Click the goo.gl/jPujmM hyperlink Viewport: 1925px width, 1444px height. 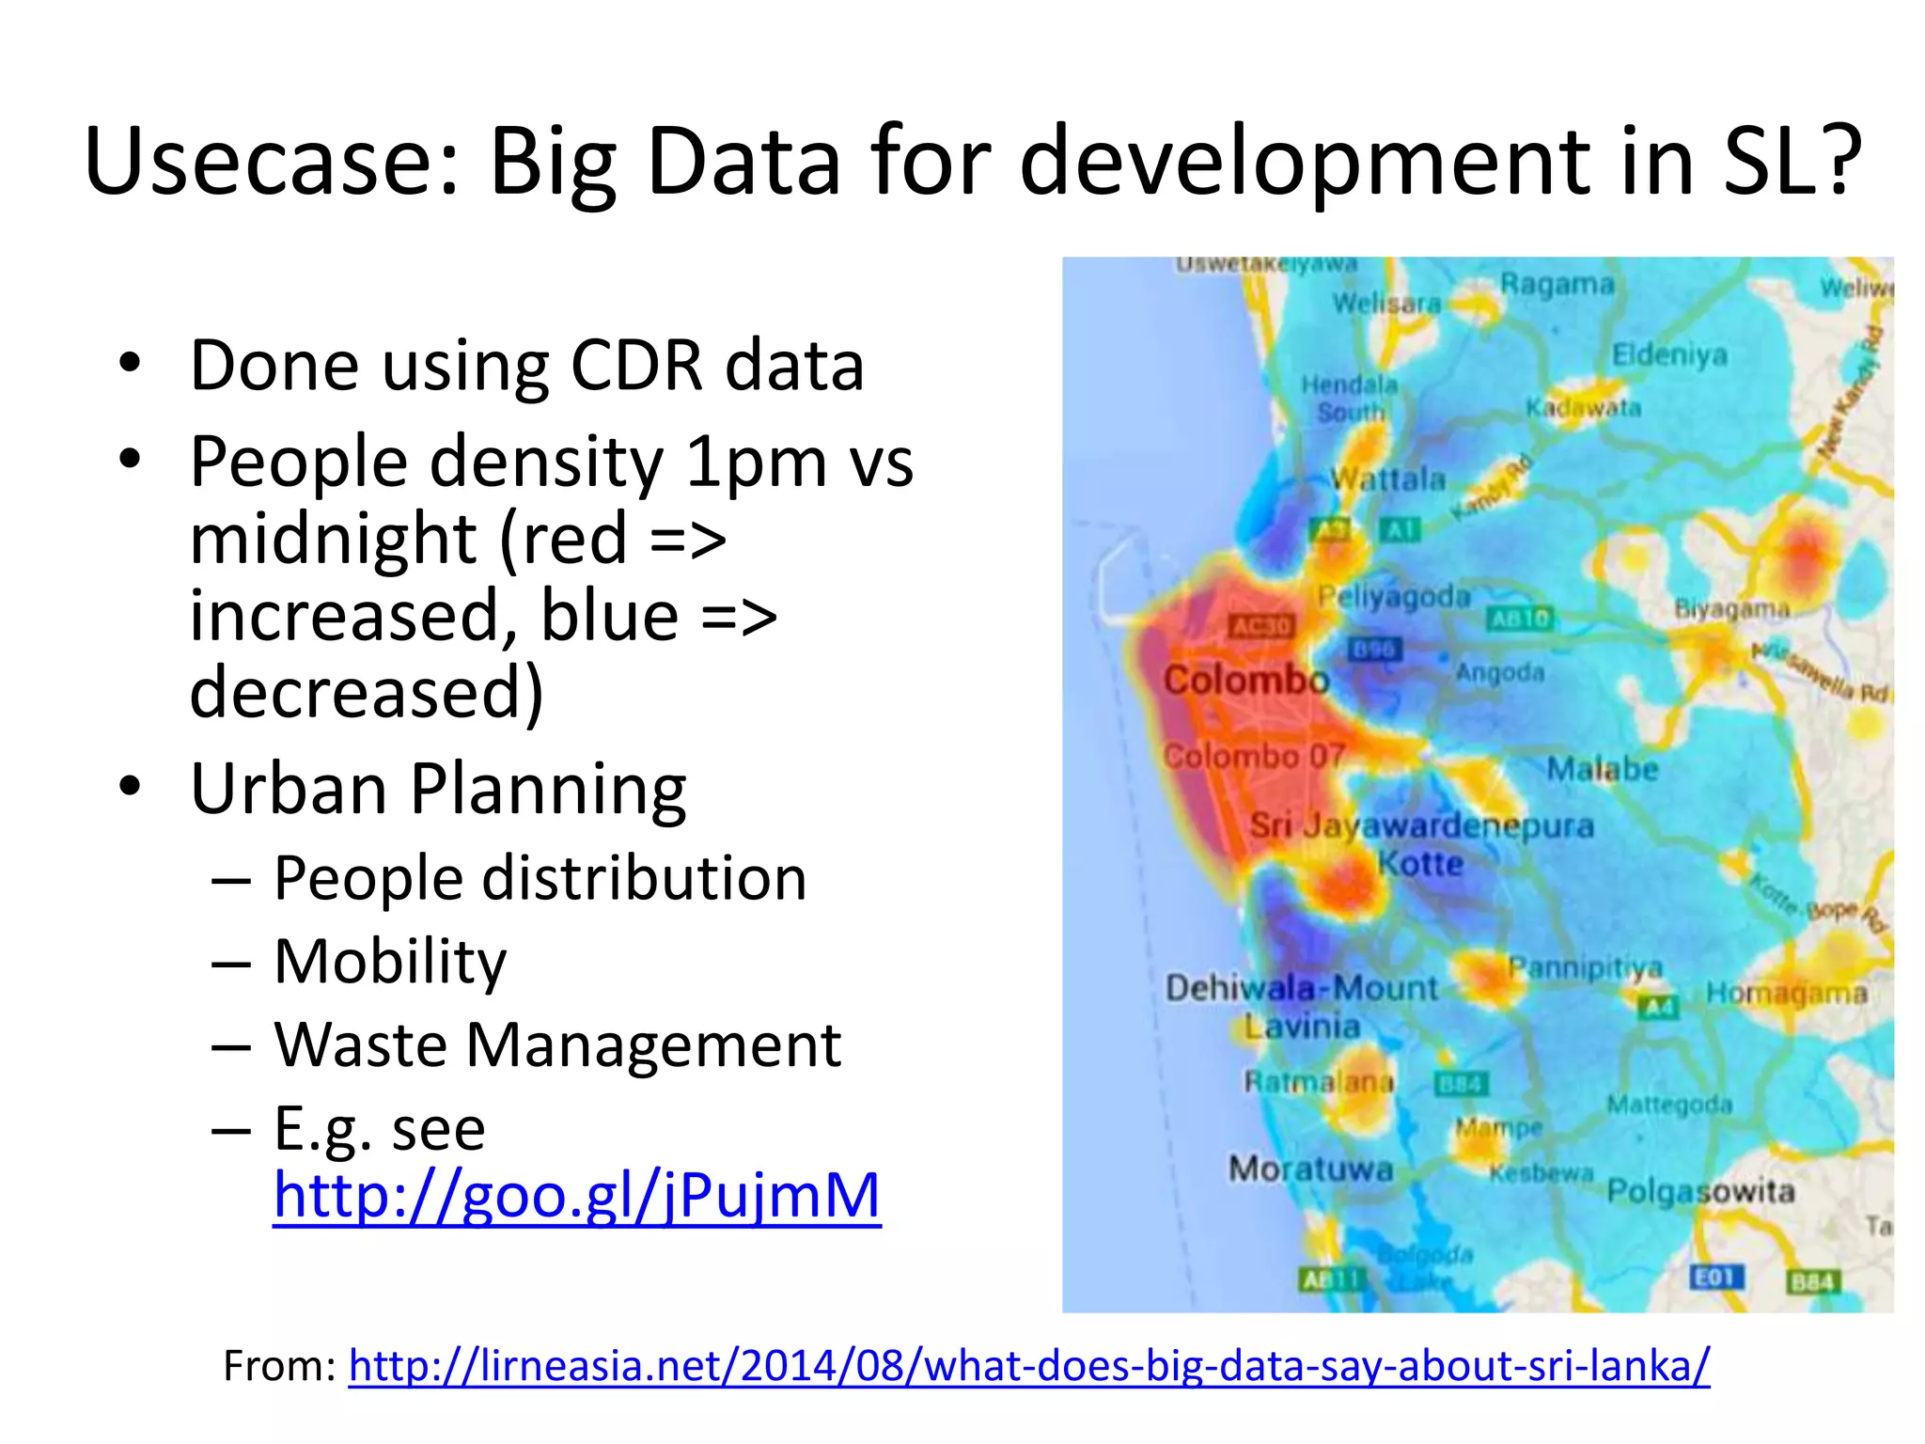(576, 1196)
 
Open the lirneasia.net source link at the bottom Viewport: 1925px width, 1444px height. (1028, 1365)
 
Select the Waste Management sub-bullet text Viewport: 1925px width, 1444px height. (556, 1044)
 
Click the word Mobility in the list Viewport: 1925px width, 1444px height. (390, 961)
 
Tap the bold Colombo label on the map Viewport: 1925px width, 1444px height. (1245, 679)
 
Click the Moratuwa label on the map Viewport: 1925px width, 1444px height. (1310, 1169)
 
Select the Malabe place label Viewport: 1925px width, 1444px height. (1603, 769)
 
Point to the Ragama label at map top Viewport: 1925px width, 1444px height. (1557, 283)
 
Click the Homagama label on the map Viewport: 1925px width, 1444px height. (1786, 993)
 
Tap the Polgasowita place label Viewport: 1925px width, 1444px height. (1700, 1191)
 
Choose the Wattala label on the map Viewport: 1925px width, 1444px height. (1387, 479)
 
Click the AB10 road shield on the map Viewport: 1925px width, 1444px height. (1519, 618)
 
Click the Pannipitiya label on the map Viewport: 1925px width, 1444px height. (1585, 967)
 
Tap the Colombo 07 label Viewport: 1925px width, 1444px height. (1253, 755)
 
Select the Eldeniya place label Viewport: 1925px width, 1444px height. (1669, 354)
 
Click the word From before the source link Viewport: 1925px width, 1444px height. (278, 1365)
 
